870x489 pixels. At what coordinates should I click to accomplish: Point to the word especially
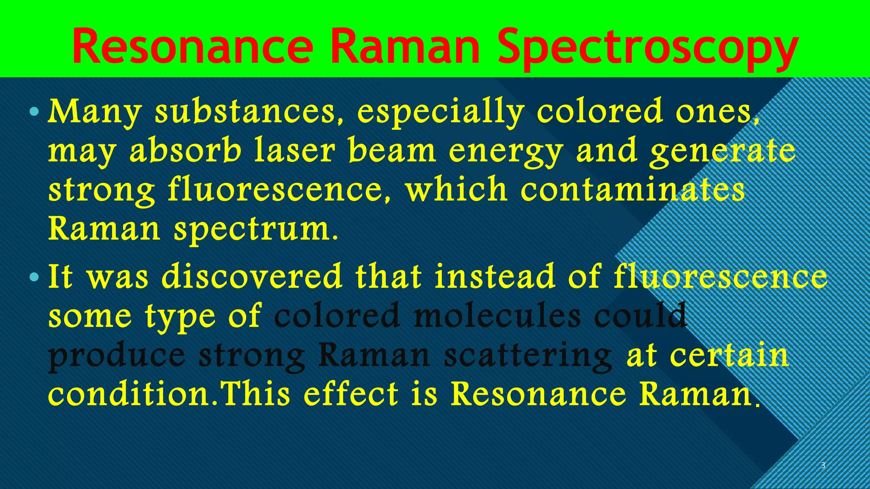click(x=441, y=112)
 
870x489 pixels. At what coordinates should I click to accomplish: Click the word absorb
click(x=185, y=151)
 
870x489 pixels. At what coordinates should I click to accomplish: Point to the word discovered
click(x=252, y=276)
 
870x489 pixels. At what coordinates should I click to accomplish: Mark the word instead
click(x=495, y=276)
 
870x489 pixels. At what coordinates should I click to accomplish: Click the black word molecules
click(x=497, y=316)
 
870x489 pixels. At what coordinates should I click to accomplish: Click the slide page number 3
click(x=823, y=465)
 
